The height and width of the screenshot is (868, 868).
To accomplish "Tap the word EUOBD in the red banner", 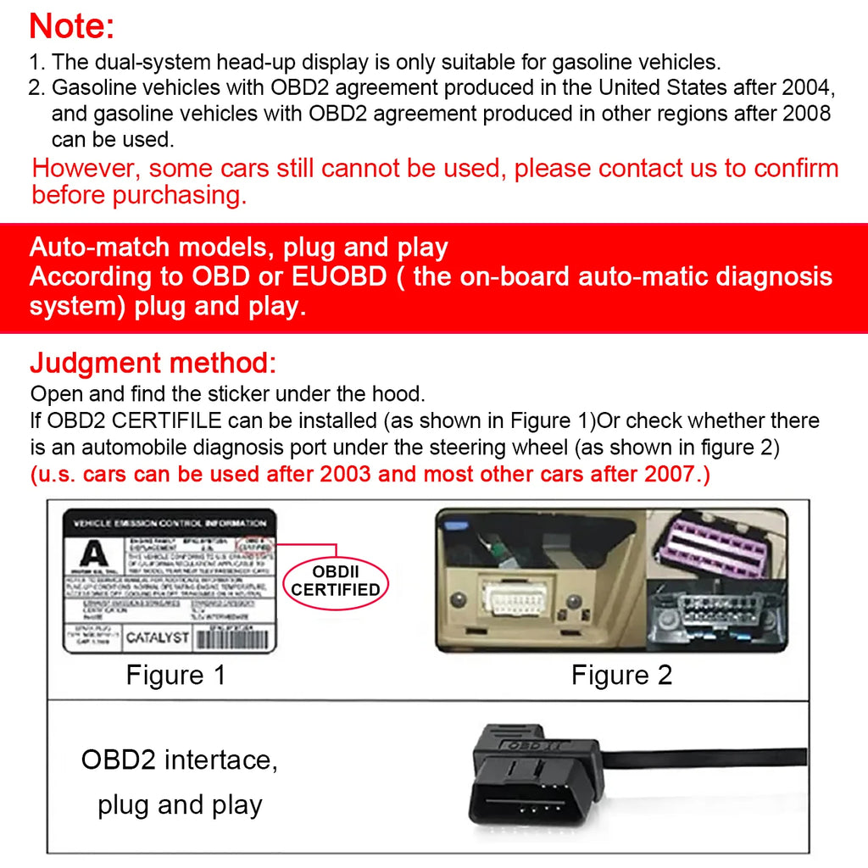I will (342, 277).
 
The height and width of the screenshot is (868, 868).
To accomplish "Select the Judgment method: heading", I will (153, 364).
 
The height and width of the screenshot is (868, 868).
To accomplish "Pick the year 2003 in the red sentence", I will (345, 475).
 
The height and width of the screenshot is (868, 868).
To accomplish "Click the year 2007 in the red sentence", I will (670, 475).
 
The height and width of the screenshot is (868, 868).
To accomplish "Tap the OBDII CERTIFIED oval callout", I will (336, 581).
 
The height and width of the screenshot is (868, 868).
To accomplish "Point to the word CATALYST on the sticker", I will (158, 637).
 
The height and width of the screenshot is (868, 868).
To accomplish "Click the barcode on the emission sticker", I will (233, 639).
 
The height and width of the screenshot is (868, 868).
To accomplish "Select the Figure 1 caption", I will (175, 675).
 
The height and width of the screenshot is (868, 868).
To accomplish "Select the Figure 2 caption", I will (621, 675).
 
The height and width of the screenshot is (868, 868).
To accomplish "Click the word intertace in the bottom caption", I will (220, 759).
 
